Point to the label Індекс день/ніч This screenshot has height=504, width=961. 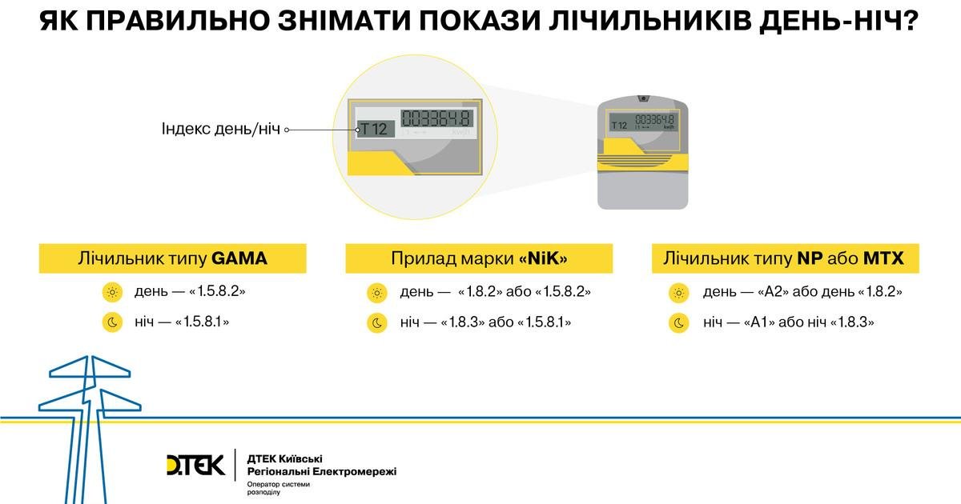click(x=220, y=129)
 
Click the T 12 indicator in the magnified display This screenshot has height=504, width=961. click(x=375, y=129)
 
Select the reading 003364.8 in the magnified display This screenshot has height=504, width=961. click(x=436, y=118)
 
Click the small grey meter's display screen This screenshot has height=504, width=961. click(x=642, y=122)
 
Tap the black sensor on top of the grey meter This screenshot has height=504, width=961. click(x=643, y=98)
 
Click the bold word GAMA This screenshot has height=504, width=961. click(x=239, y=258)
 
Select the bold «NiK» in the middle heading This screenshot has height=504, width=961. click(x=543, y=258)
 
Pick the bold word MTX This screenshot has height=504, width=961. click(x=883, y=258)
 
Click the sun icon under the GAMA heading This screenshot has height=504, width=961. click(x=112, y=292)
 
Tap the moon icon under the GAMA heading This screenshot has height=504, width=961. click(x=112, y=322)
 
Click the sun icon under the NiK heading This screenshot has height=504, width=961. click(x=377, y=293)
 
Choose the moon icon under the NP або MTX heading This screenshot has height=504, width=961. click(x=679, y=323)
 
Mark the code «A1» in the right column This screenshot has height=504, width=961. click(x=759, y=322)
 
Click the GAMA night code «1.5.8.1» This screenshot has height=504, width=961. click(x=202, y=322)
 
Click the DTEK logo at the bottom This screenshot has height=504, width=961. click(x=195, y=465)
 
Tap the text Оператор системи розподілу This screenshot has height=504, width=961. click(x=278, y=488)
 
